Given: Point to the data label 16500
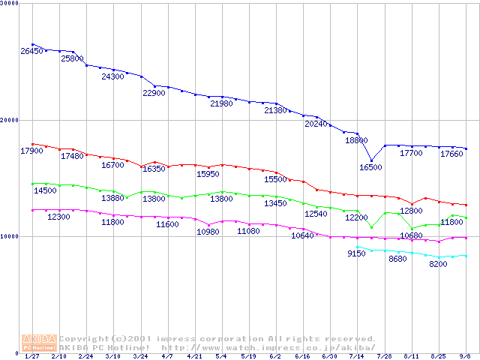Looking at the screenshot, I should (x=370, y=167).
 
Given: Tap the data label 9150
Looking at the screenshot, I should (x=356, y=254).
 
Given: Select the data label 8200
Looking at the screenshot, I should (x=438, y=264).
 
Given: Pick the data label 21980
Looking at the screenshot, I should (x=221, y=103).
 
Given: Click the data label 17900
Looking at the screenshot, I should (x=31, y=151).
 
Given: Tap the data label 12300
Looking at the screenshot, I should (x=58, y=217).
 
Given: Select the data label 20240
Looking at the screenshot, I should (x=316, y=124).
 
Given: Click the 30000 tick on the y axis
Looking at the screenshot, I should (x=11, y=3).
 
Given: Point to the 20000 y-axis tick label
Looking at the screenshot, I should (x=11, y=120).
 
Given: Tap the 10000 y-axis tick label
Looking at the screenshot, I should (x=11, y=236).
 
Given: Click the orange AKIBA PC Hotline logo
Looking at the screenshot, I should (x=40, y=343).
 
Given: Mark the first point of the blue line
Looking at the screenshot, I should (x=33, y=44).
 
